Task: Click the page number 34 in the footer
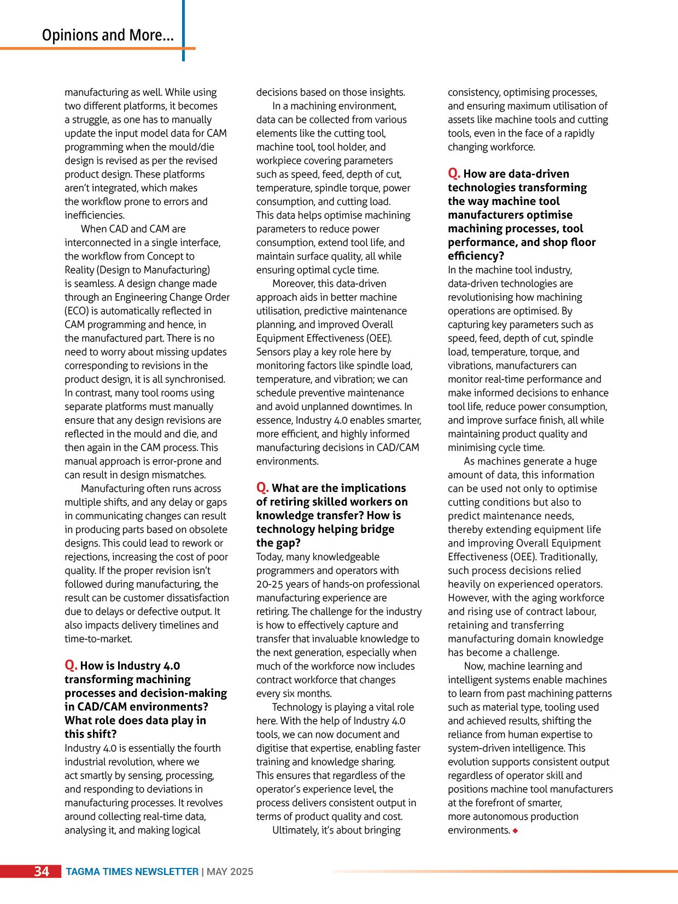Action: point(42,871)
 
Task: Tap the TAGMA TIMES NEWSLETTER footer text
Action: point(132,872)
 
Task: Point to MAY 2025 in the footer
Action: point(230,872)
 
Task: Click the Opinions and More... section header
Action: point(108,36)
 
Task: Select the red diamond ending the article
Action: point(515,831)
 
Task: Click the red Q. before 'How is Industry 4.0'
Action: point(71,665)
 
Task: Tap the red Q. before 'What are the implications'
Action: point(262,488)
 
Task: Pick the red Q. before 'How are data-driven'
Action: point(454,173)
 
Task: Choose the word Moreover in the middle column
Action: point(294,284)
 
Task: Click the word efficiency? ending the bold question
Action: point(476,256)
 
